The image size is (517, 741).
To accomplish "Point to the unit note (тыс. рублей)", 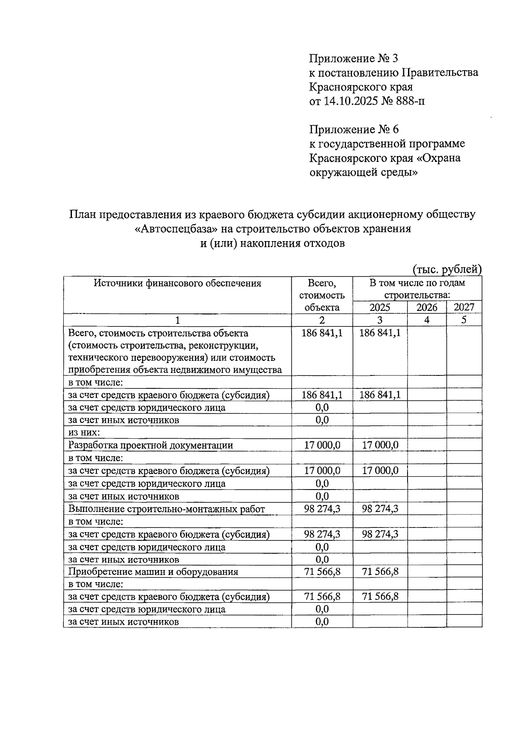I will tap(447, 270).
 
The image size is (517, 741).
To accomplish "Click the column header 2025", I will tap(380, 307).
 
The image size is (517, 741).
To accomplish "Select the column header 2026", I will tap(427, 307).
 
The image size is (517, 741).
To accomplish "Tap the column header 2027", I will tap(464, 307).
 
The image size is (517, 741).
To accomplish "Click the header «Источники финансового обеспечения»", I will tap(178, 283).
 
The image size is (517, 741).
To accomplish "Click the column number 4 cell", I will tap(427, 320).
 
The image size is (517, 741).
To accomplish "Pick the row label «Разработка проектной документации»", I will tap(151, 445).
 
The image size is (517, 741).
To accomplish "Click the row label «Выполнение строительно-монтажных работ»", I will tap(167, 509).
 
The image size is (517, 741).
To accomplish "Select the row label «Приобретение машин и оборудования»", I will tap(153, 572).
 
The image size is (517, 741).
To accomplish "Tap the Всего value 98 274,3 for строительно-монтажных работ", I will tap(322, 509).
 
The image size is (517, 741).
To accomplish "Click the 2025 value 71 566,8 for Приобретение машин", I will tap(380, 572).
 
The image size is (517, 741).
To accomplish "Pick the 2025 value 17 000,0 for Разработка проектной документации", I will tap(380, 445).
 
